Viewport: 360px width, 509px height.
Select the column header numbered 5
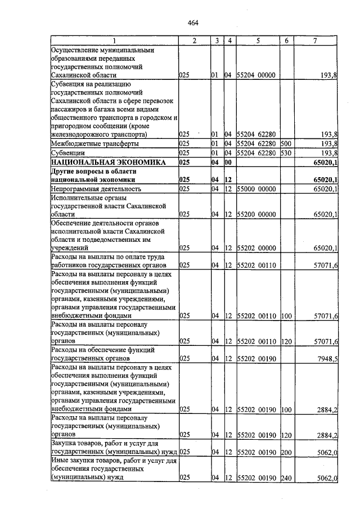[x=258, y=40]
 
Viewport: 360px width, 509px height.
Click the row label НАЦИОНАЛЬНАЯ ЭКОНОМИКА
[x=108, y=163]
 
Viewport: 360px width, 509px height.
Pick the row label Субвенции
[x=68, y=152]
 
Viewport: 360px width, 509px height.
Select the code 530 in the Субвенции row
[x=286, y=152]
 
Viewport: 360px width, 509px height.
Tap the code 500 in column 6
[x=286, y=143]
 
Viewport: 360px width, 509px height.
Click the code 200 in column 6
[x=286, y=452]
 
